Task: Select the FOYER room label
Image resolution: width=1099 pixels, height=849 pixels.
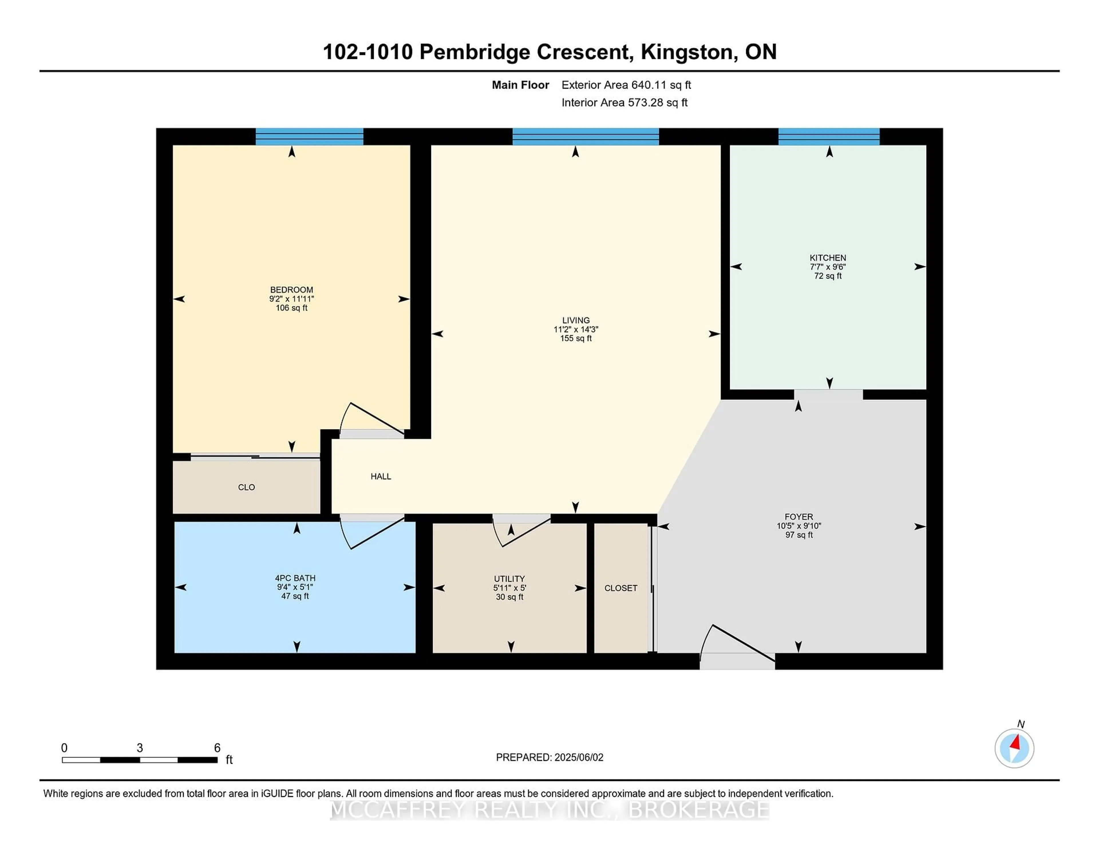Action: pyautogui.click(x=798, y=517)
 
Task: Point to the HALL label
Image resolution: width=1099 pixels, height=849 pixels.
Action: pyautogui.click(x=381, y=476)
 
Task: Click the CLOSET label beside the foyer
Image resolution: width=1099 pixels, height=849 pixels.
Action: pyautogui.click(x=621, y=588)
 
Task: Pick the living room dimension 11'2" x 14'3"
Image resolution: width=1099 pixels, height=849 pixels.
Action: pyautogui.click(x=576, y=330)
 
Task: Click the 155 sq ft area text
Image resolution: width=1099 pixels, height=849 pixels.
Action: pyautogui.click(x=576, y=338)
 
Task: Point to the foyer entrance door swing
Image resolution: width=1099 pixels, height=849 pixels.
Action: pyautogui.click(x=705, y=639)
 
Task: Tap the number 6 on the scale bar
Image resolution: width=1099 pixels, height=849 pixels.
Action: pyautogui.click(x=218, y=748)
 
